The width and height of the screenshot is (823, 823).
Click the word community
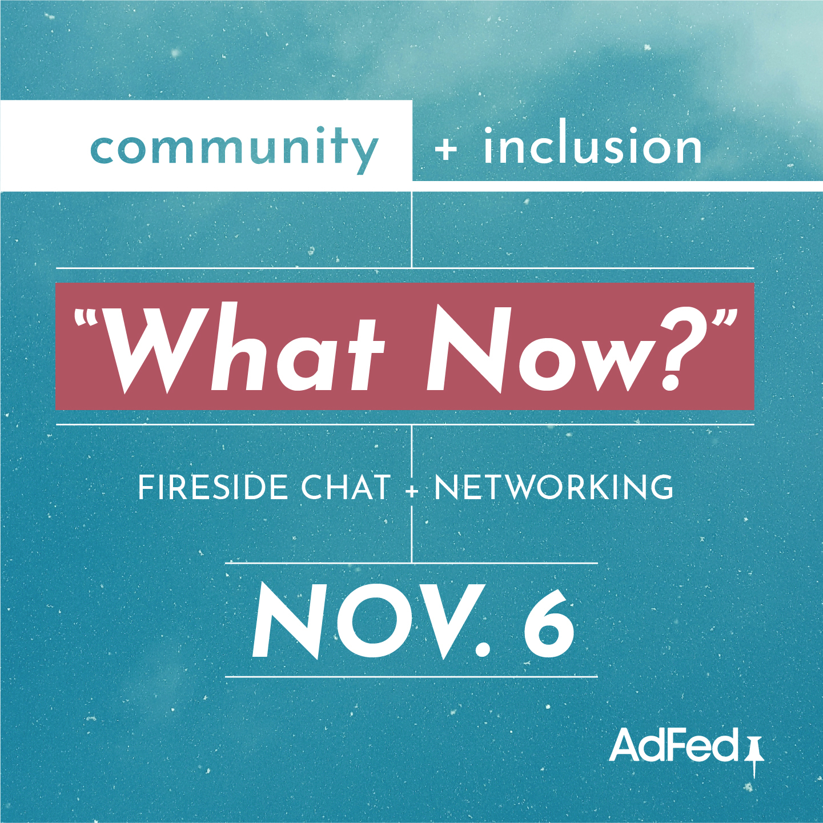[234, 148]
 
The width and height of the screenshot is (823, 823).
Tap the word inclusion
[592, 147]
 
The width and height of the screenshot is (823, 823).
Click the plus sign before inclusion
[446, 149]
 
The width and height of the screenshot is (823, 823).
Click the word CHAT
[346, 488]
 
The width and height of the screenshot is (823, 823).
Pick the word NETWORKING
[553, 488]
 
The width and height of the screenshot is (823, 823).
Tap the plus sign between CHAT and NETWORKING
[412, 491]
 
